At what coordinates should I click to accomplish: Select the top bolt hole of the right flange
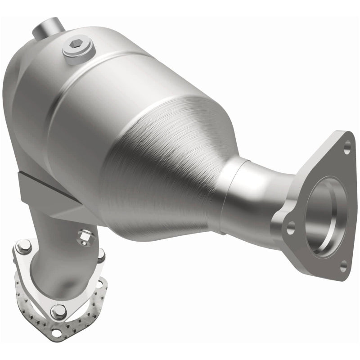coord(347,145)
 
